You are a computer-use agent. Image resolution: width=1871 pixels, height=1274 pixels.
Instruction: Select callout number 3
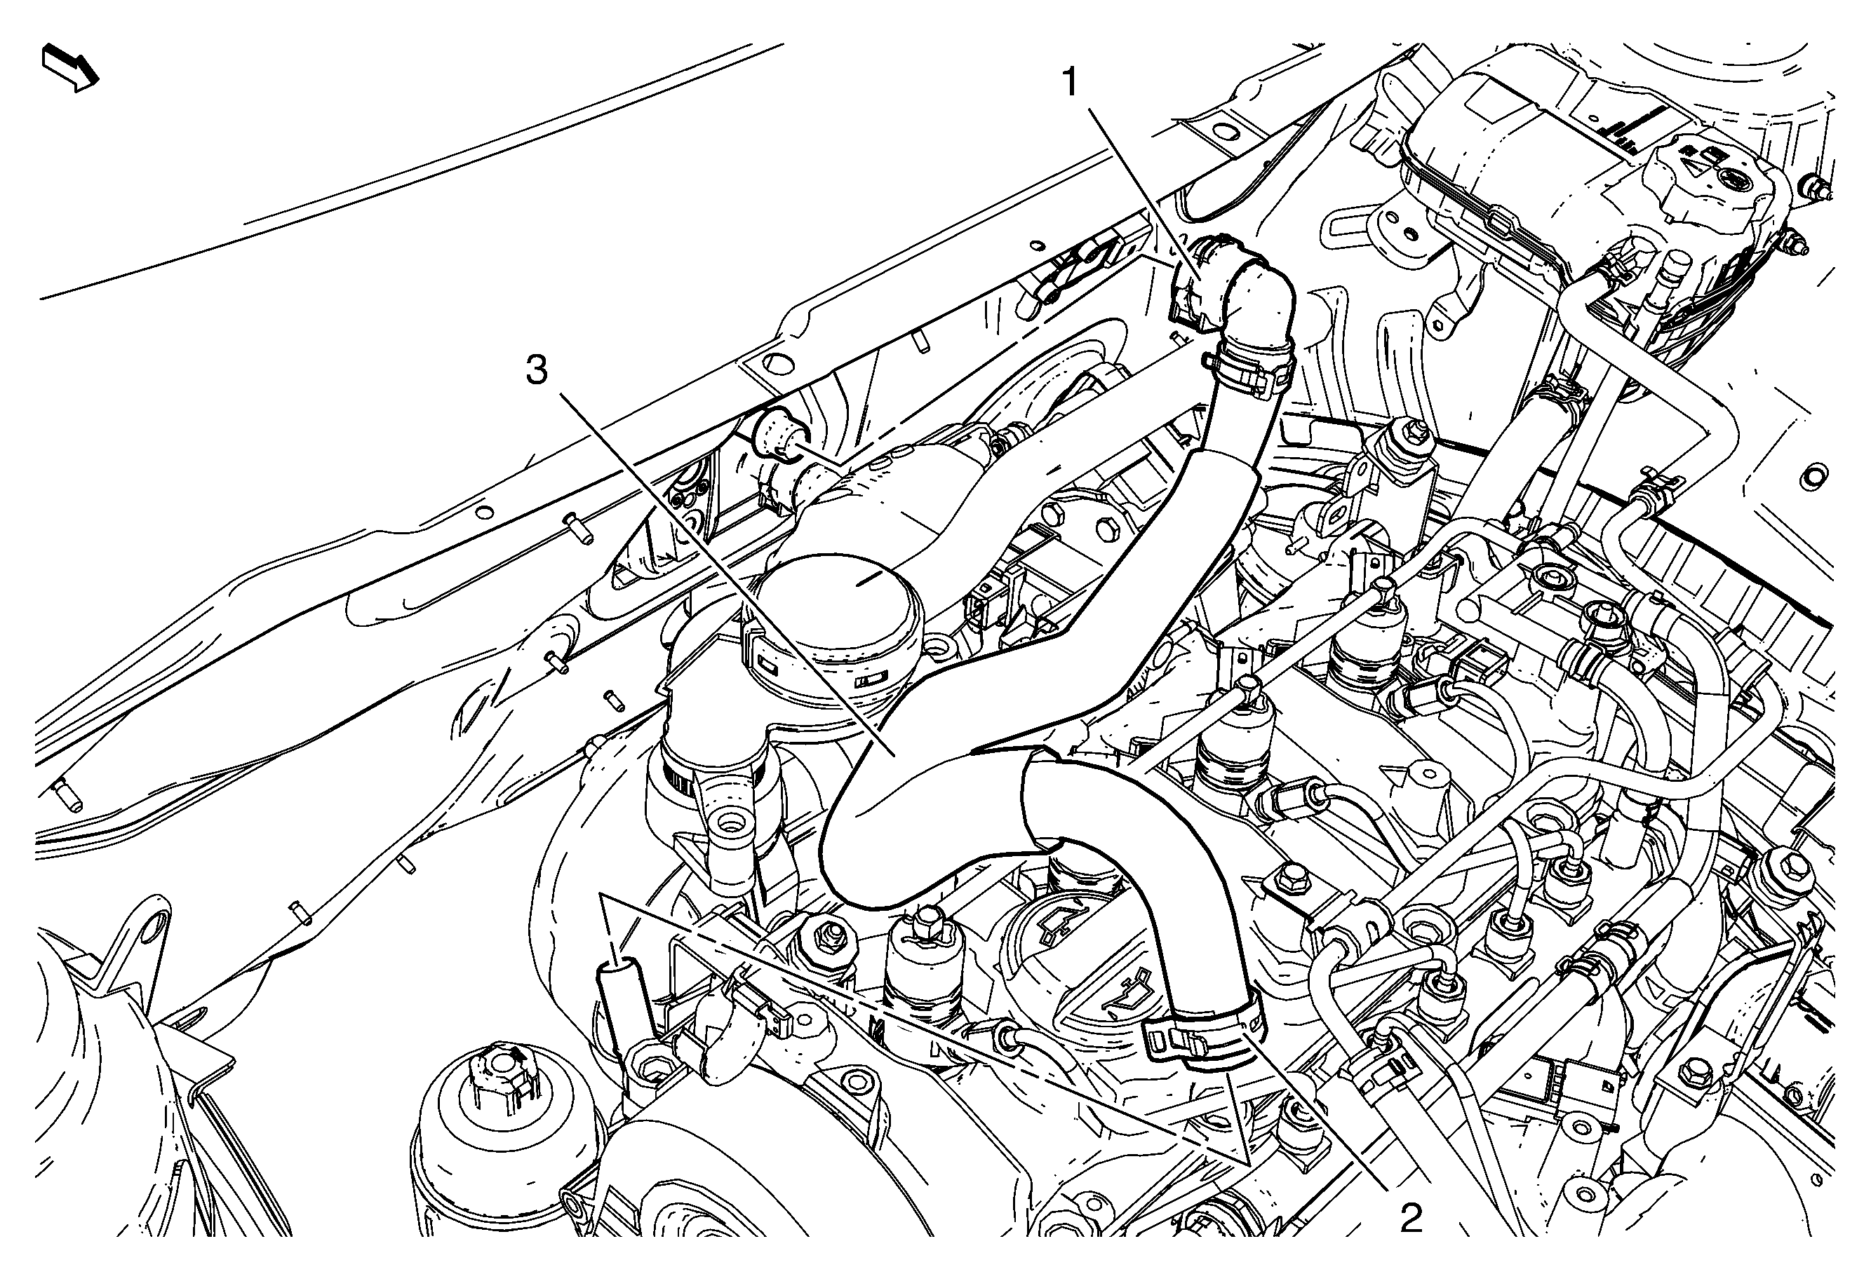click(x=537, y=371)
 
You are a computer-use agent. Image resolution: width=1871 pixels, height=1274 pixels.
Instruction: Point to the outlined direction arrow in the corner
click(x=70, y=67)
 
